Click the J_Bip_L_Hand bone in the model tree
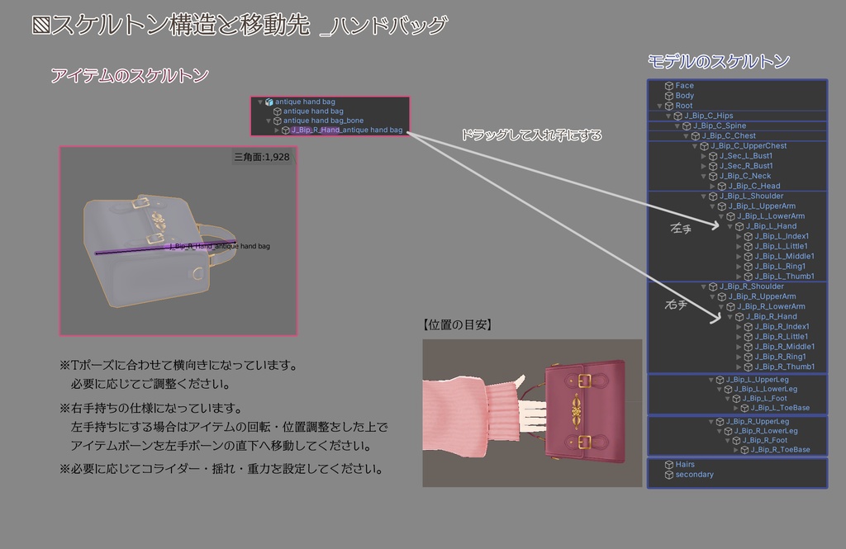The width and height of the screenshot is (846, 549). (771, 226)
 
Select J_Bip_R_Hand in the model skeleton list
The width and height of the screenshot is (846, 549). (771, 316)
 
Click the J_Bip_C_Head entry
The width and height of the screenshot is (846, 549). (753, 186)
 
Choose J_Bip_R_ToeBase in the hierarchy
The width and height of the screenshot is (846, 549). (780, 450)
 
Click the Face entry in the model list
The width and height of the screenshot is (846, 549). (684, 86)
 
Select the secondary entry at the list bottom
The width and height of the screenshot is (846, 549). (694, 475)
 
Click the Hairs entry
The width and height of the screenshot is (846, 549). (685, 465)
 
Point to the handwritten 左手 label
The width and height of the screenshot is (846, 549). (682, 229)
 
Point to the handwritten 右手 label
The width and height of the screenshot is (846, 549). (677, 304)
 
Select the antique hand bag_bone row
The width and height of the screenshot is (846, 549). (323, 121)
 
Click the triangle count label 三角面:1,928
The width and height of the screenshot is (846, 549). (262, 156)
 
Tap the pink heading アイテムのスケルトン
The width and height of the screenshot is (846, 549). (130, 76)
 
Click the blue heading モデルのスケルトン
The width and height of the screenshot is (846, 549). (719, 61)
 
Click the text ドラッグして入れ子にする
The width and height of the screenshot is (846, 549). (531, 135)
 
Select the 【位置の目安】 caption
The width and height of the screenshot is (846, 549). (457, 325)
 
